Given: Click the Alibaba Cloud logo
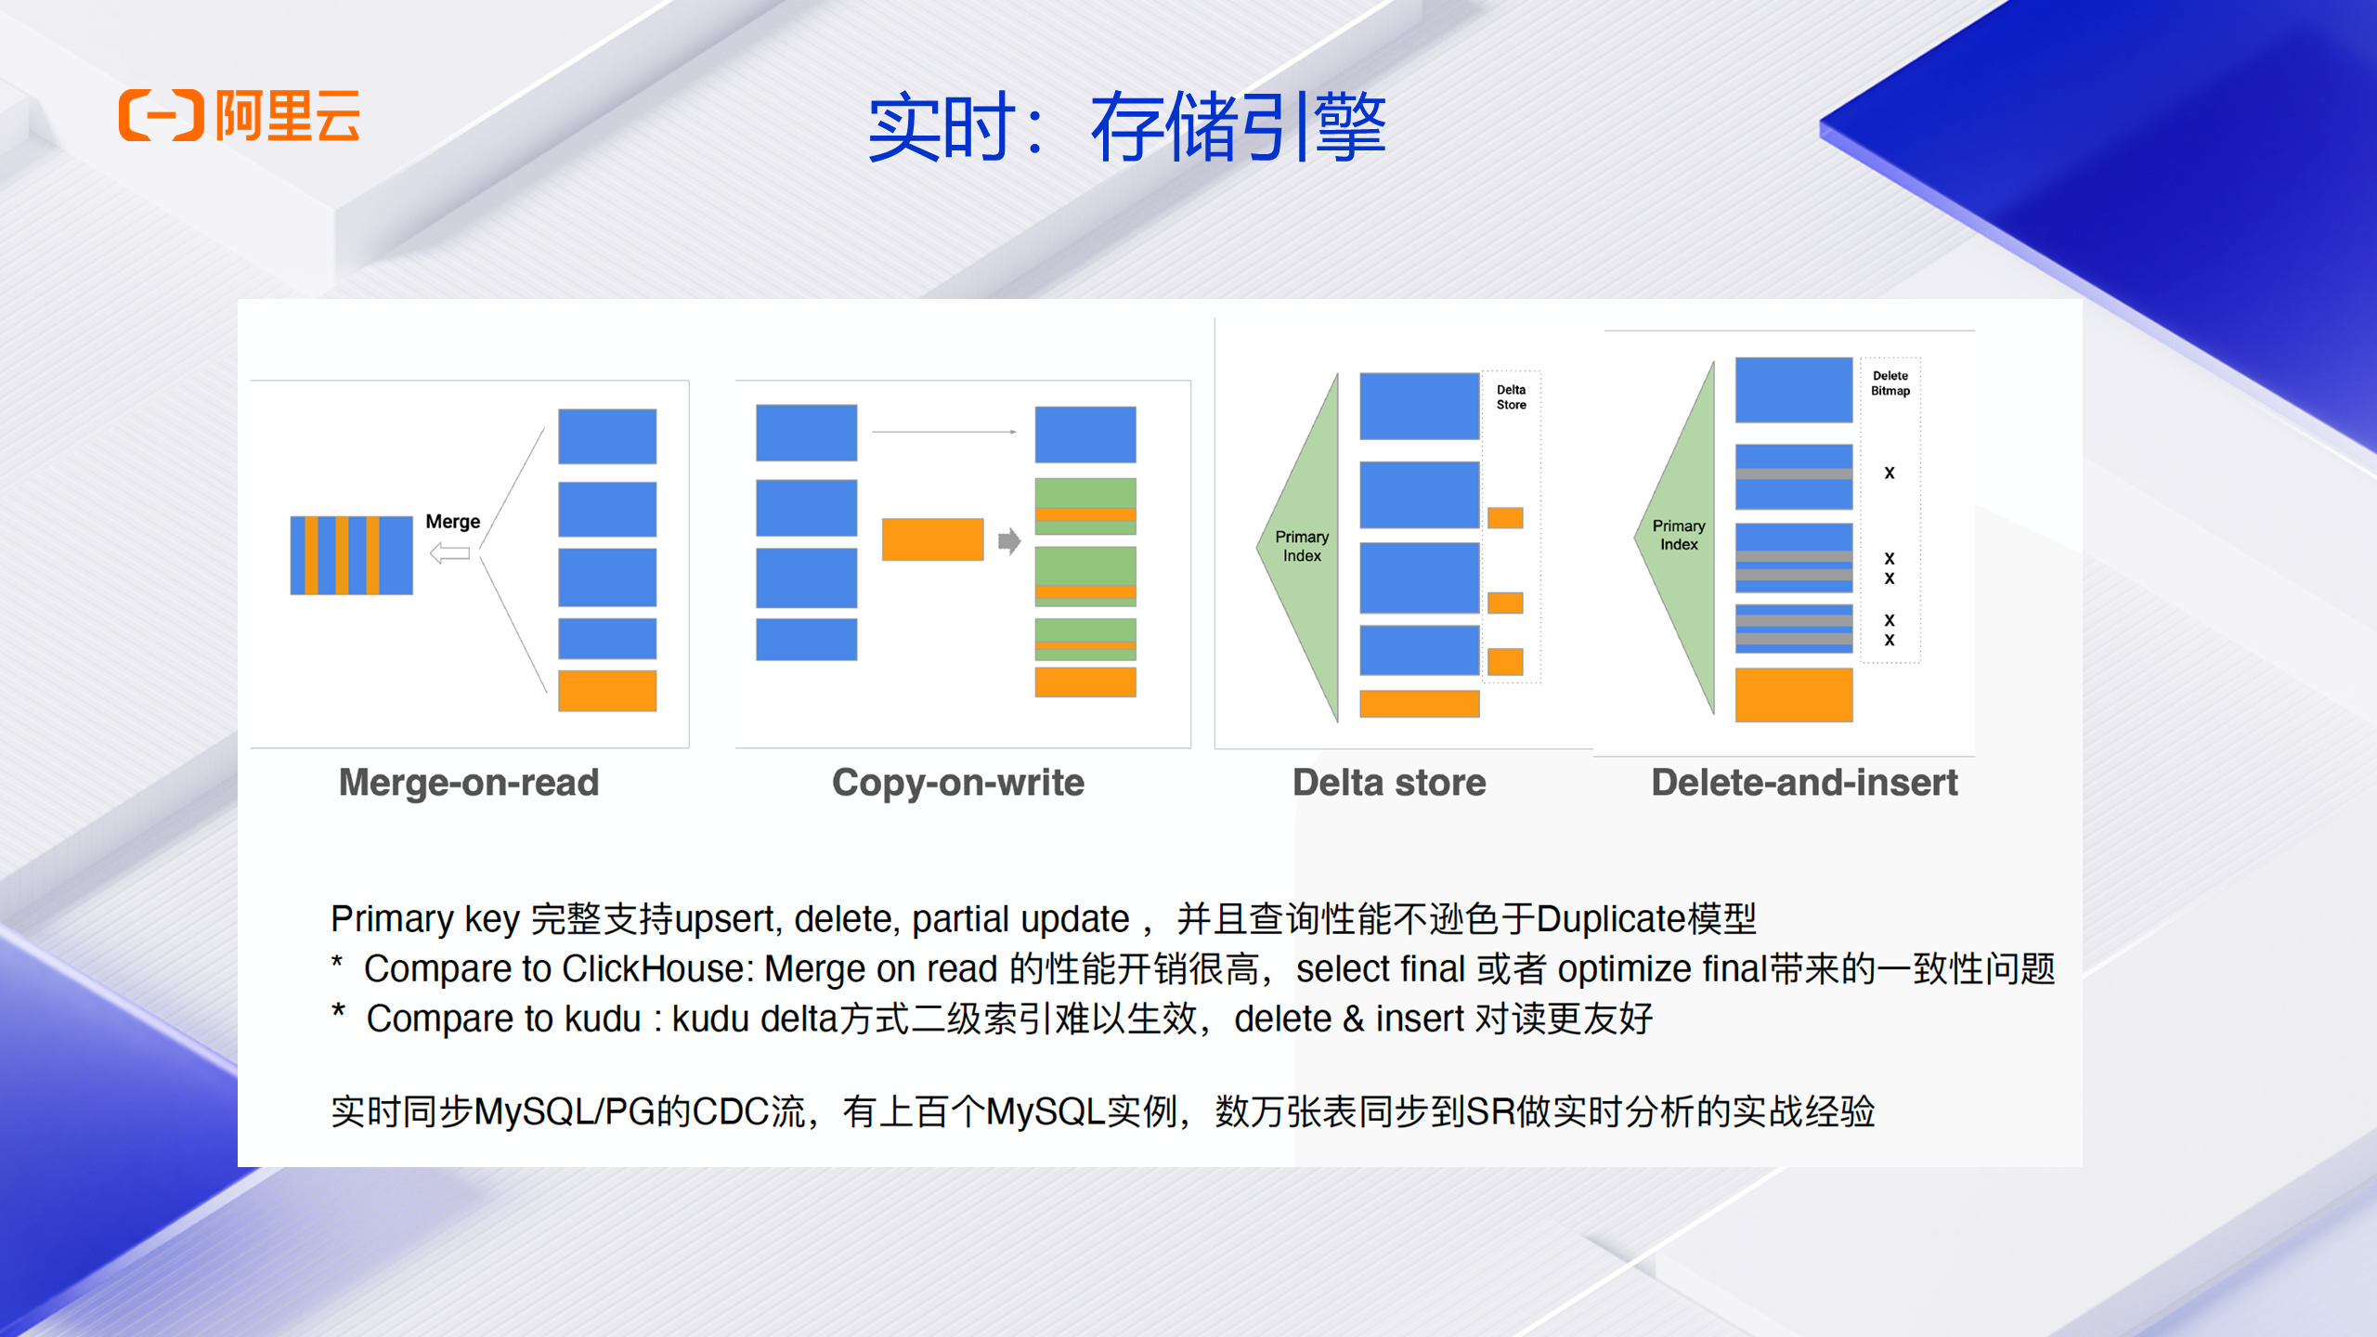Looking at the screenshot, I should pyautogui.click(x=239, y=115).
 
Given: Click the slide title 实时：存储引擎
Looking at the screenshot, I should pyautogui.click(x=1126, y=127).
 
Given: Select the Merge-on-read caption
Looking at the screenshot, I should pyautogui.click(x=469, y=783).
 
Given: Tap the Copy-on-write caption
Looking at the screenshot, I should pyautogui.click(x=957, y=783).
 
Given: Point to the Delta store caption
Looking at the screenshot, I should pyautogui.click(x=1389, y=783).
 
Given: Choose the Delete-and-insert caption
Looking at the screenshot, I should pyautogui.click(x=1804, y=783).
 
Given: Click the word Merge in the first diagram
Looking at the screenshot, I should pyautogui.click(x=452, y=522).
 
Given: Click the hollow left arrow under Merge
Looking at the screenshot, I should pyautogui.click(x=450, y=553).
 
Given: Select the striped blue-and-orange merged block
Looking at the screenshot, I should pyautogui.click(x=351, y=555).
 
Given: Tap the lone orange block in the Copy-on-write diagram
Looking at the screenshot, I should pyautogui.click(x=932, y=539).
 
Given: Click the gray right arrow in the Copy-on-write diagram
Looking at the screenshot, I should pyautogui.click(x=1008, y=540).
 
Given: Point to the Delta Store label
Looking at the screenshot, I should pyautogui.click(x=1511, y=397).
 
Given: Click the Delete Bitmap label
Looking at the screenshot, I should pyautogui.click(x=1890, y=383).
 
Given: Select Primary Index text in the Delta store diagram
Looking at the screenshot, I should pyautogui.click(x=1302, y=546).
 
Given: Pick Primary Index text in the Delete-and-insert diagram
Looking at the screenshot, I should pyautogui.click(x=1679, y=535).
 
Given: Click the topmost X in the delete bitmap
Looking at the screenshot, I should pyautogui.click(x=1889, y=474).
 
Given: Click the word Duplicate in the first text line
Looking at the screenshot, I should pyautogui.click(x=1611, y=919).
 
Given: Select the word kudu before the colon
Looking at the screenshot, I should pyautogui.click(x=603, y=1019).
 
